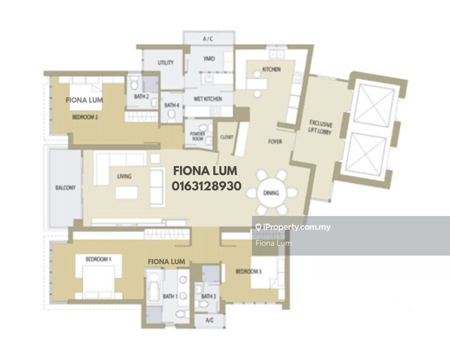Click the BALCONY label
(65, 188)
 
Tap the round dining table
(271, 193)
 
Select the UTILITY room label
(166, 63)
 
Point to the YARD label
(209, 58)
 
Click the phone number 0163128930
(207, 186)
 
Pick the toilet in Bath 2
(134, 85)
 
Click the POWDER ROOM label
(198, 136)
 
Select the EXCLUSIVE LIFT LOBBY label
(320, 127)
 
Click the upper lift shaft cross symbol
(374, 106)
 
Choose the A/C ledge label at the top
(208, 39)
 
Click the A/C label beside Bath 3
(210, 320)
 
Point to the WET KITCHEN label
(208, 99)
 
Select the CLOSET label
(227, 137)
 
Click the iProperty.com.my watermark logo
(293, 227)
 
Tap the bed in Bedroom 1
(99, 279)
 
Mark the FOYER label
(275, 142)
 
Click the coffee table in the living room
(126, 193)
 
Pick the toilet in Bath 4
(171, 115)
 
